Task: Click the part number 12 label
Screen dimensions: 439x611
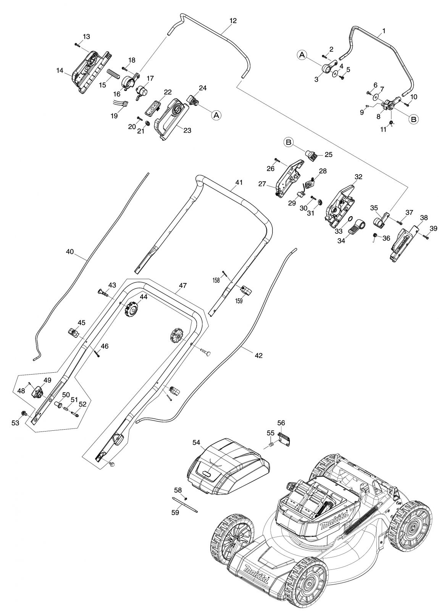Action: click(x=233, y=21)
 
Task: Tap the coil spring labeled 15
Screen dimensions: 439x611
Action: click(x=113, y=74)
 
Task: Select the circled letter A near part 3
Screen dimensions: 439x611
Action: click(x=302, y=55)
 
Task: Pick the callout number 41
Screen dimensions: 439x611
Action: click(x=239, y=183)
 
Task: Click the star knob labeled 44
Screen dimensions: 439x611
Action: click(x=132, y=309)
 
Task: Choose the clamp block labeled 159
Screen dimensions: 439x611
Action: click(x=246, y=290)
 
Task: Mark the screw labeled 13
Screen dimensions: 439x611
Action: click(x=77, y=45)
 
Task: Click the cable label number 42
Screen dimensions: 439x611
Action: click(x=258, y=356)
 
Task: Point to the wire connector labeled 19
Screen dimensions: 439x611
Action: click(x=121, y=103)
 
